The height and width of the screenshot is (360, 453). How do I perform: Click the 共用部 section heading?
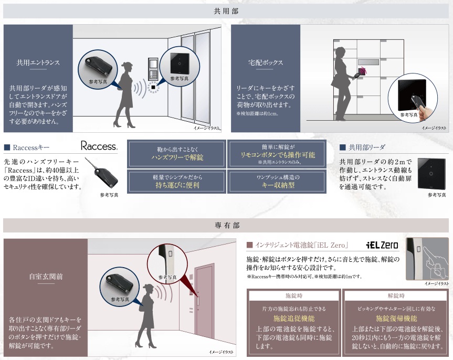click(x=227, y=10)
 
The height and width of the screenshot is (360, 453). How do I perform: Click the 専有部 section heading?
click(x=227, y=226)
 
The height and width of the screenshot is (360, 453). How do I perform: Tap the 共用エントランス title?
click(x=38, y=62)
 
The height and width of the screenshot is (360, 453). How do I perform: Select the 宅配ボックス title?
click(x=266, y=62)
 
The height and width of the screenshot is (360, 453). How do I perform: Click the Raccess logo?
click(x=99, y=146)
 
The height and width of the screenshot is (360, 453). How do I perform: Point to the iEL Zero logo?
click(x=382, y=245)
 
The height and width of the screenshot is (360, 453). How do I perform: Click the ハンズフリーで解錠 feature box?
click(x=177, y=154)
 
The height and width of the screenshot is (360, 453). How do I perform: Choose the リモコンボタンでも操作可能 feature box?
click(x=278, y=154)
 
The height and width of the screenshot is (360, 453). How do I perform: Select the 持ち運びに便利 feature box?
click(x=177, y=182)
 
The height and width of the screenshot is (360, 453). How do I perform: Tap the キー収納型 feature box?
click(x=278, y=182)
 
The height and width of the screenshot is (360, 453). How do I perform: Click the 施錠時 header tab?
click(x=293, y=295)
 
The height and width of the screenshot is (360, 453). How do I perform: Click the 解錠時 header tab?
click(x=396, y=295)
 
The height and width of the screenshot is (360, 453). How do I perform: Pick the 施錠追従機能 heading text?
click(x=293, y=319)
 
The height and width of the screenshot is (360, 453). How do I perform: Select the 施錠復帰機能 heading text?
click(x=396, y=319)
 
